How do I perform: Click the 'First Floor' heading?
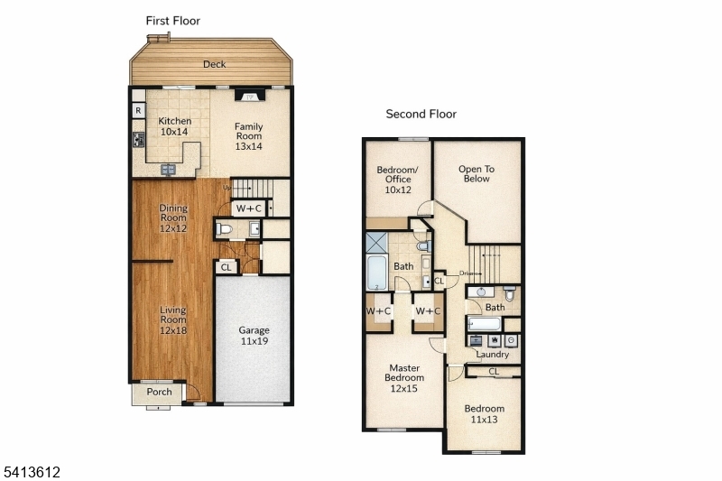tap(173, 21)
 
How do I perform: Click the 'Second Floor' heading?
tap(421, 114)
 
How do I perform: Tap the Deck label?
tap(214, 64)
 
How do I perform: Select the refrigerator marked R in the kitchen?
tap(138, 110)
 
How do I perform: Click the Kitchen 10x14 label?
tap(175, 126)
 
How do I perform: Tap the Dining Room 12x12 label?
tap(173, 218)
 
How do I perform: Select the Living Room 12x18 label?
tap(173, 320)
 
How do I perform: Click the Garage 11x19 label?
tap(254, 336)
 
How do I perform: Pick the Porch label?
tap(159, 392)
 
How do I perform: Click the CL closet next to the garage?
tap(226, 267)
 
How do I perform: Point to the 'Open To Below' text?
tap(477, 173)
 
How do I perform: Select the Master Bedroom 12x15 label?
tap(404, 378)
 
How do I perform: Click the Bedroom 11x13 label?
tap(485, 413)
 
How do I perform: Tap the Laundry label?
tap(492, 355)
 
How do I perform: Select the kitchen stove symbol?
tap(139, 140)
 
